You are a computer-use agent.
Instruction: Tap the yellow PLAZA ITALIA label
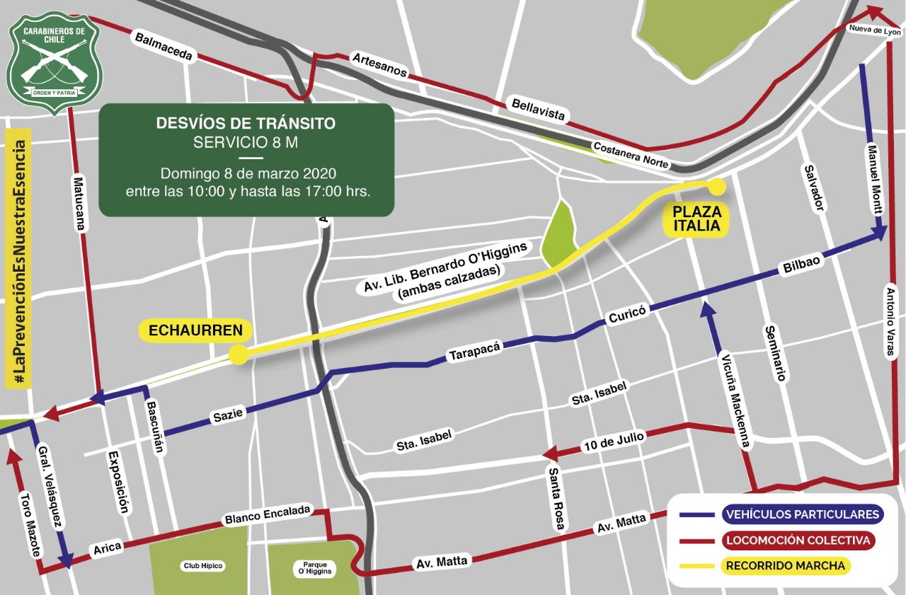[x=696, y=219]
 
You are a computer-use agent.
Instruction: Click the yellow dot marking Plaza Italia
[x=717, y=187]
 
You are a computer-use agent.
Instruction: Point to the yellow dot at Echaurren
[x=239, y=354]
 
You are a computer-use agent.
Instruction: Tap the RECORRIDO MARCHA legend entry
[x=785, y=566]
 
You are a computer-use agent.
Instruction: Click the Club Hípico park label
[x=203, y=566]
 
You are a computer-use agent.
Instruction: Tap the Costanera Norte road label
[x=631, y=155]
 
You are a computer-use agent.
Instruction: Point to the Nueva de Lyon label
[x=876, y=30]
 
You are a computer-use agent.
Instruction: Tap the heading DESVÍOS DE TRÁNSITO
[x=246, y=124]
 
